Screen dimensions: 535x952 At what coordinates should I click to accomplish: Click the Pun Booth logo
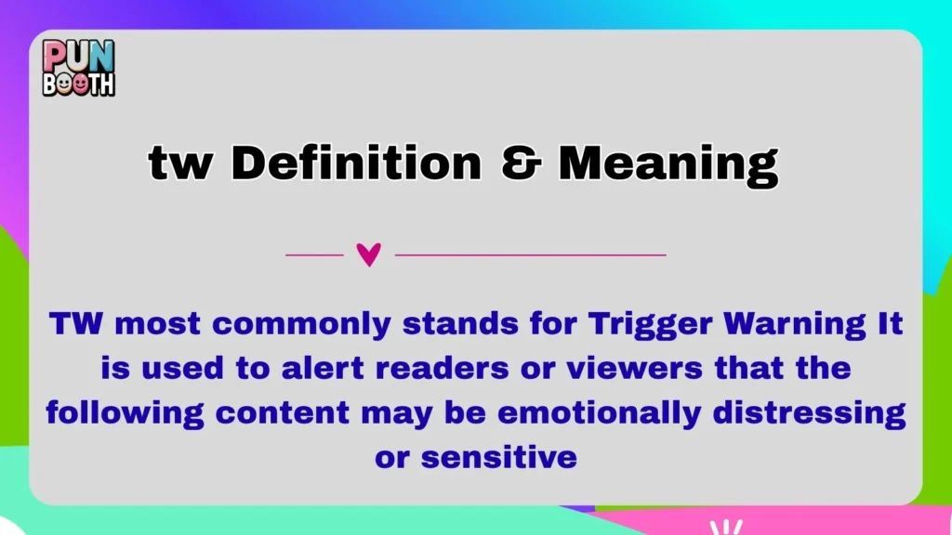78,68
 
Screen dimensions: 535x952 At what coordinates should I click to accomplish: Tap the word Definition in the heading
357,164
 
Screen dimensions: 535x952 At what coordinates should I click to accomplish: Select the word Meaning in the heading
668,165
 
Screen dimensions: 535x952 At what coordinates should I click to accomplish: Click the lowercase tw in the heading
180,165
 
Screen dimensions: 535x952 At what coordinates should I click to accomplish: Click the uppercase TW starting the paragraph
72,325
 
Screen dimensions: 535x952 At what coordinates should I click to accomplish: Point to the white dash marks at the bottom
725,527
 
